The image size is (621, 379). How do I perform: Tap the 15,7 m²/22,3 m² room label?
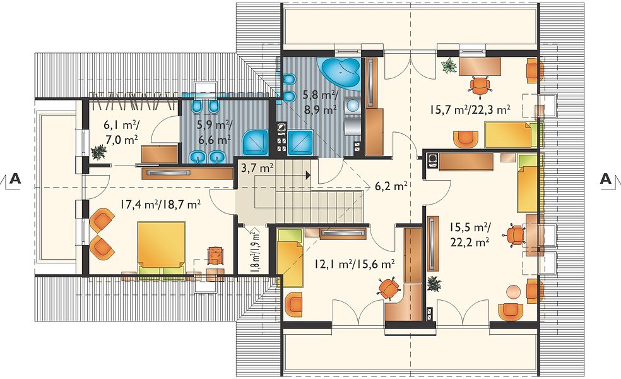(470, 110)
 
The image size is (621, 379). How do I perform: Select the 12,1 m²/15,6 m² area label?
(355, 263)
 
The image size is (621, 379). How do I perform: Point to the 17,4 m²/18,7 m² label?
(160, 204)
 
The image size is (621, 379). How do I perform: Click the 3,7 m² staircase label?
(257, 169)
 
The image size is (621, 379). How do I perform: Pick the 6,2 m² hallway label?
(391, 186)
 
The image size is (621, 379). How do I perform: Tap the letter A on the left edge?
(15, 179)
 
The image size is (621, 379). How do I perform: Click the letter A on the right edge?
(606, 179)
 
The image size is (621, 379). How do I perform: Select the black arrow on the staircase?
(308, 175)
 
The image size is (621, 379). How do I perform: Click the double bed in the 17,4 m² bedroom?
(161, 248)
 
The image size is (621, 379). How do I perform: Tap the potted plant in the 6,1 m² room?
(98, 152)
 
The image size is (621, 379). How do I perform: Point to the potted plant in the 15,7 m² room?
(449, 66)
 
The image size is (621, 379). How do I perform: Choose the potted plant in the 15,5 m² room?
(434, 284)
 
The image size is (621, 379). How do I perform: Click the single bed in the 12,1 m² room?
(289, 258)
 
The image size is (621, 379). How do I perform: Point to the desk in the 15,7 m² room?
(480, 66)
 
